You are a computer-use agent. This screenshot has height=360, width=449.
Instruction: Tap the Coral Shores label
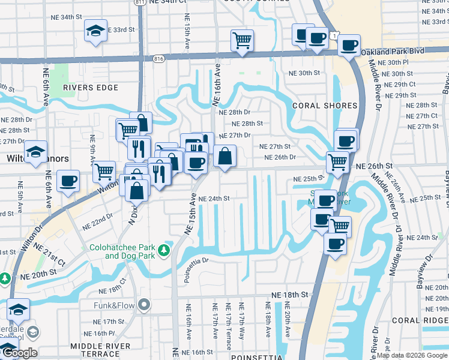pyautogui.click(x=325, y=106)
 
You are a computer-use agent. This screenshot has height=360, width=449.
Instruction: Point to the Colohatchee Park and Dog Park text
pyautogui.click(x=122, y=251)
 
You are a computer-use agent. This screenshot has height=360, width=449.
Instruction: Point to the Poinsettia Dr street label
pyautogui.click(x=205, y=261)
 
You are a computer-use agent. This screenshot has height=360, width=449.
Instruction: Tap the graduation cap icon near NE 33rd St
pyautogui.click(x=95, y=30)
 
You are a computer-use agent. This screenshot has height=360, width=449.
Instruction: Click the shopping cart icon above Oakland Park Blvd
pyautogui.click(x=242, y=40)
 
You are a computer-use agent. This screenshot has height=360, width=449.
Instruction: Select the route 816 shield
pyautogui.click(x=158, y=59)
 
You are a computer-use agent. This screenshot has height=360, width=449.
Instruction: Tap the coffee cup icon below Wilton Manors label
pyautogui.click(x=68, y=179)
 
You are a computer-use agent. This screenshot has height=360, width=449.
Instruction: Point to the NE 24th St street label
pyautogui.click(x=214, y=198)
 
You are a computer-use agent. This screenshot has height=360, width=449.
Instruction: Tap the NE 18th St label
pyautogui.click(x=289, y=295)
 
